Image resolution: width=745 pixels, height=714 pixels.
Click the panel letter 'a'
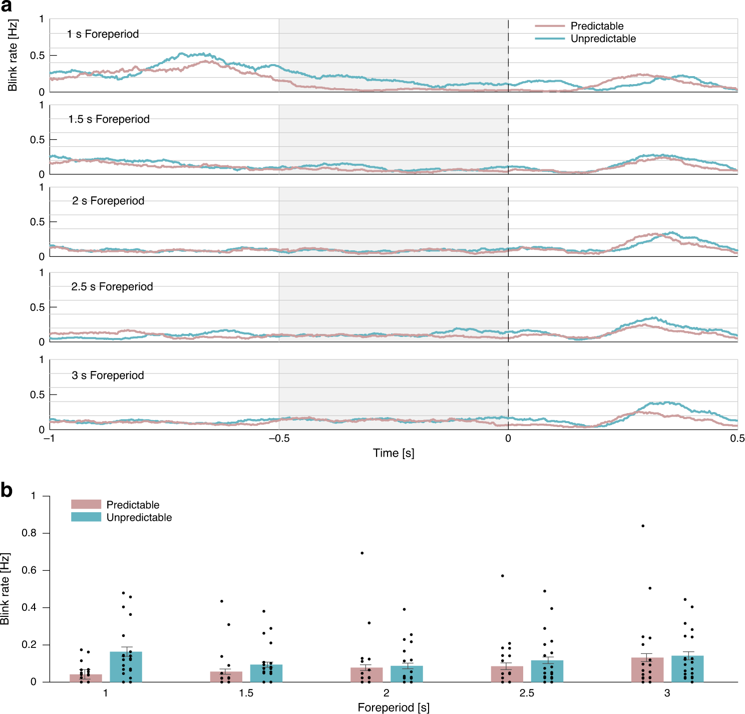point(7,7)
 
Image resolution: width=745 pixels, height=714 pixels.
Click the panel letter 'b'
point(7,490)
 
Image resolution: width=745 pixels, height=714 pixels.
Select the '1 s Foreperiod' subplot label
point(103,34)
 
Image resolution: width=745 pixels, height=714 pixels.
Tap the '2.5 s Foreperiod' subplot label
point(112,286)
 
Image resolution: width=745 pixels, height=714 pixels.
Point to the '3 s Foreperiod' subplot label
point(108,376)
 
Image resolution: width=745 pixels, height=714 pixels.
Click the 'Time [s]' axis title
point(394,453)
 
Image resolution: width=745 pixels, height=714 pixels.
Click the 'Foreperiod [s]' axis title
point(394,707)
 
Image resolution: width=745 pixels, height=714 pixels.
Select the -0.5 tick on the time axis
point(279,439)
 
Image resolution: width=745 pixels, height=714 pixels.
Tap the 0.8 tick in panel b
point(29,533)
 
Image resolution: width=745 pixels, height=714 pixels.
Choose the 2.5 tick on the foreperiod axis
point(527,693)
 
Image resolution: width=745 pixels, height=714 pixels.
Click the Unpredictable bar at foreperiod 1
point(126,667)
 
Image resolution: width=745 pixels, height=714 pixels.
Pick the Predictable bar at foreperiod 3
point(647,670)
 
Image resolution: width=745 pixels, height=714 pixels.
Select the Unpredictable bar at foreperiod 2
point(407,674)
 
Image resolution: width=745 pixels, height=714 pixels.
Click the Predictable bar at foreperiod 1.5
point(226,676)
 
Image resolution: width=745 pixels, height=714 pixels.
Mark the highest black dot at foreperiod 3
point(643,526)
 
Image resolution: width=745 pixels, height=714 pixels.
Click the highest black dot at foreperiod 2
point(362,553)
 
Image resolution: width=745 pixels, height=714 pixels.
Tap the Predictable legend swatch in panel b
point(86,504)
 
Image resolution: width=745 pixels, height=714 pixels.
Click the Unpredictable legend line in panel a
point(550,39)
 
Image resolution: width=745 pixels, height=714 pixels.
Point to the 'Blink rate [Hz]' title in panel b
point(6,589)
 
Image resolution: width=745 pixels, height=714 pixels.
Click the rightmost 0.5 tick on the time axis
point(737,439)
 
